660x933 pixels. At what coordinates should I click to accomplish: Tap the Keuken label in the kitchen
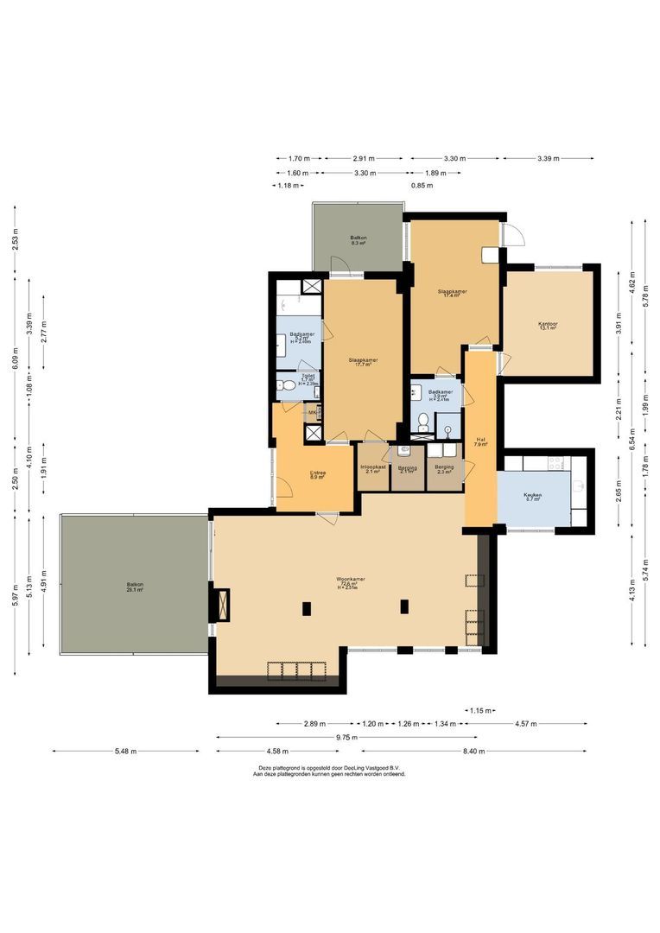click(532, 495)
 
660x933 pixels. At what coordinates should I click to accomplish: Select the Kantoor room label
click(548, 324)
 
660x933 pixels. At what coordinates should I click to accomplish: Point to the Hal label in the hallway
click(480, 439)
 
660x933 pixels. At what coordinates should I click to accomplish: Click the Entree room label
click(317, 473)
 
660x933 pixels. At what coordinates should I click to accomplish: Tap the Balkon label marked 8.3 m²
click(358, 237)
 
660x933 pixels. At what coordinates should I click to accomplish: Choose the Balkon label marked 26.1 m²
click(134, 585)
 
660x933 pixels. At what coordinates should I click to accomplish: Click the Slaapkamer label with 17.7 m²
click(363, 360)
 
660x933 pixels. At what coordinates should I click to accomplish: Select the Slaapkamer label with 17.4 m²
click(453, 291)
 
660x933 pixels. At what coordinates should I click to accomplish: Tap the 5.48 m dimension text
click(126, 751)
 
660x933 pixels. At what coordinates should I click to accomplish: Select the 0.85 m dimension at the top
click(422, 186)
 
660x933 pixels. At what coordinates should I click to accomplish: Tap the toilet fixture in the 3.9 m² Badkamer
click(423, 422)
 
